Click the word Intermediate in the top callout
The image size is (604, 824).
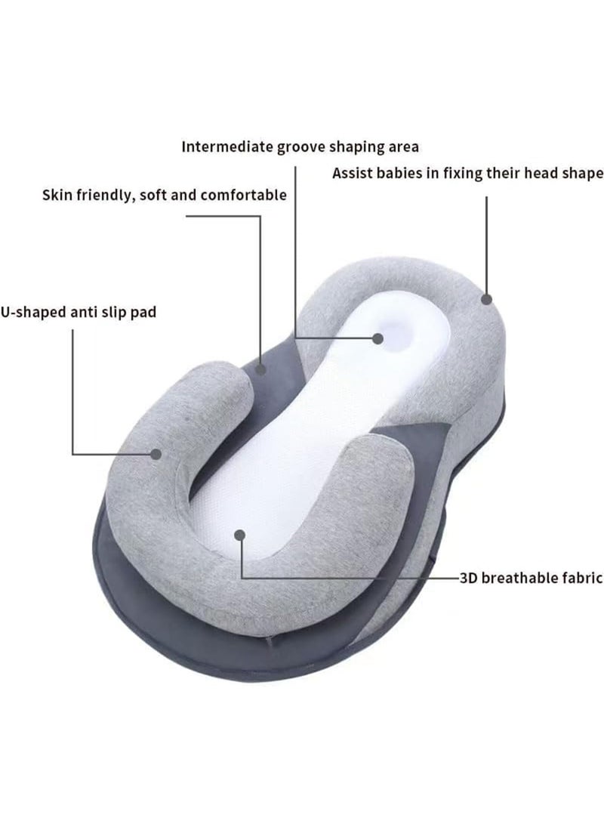pyautogui.click(x=227, y=147)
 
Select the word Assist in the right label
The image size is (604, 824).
pyautogui.click(x=352, y=173)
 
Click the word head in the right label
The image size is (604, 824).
pyautogui.click(x=542, y=173)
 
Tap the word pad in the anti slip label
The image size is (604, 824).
pyautogui.click(x=143, y=313)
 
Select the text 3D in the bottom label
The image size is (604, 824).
pyautogui.click(x=468, y=578)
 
